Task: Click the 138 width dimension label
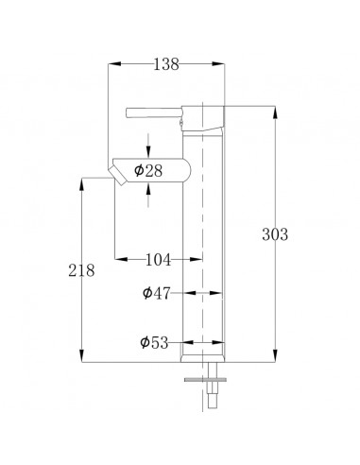tap(166, 64)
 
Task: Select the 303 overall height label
tap(275, 234)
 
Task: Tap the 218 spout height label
tap(81, 270)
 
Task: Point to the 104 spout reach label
tap(158, 260)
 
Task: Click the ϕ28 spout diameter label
tap(148, 171)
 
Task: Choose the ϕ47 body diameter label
tap(157, 293)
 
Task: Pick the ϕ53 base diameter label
tap(154, 342)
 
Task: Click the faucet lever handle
tap(154, 112)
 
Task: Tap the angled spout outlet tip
tap(117, 176)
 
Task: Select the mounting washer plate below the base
tap(205, 380)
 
